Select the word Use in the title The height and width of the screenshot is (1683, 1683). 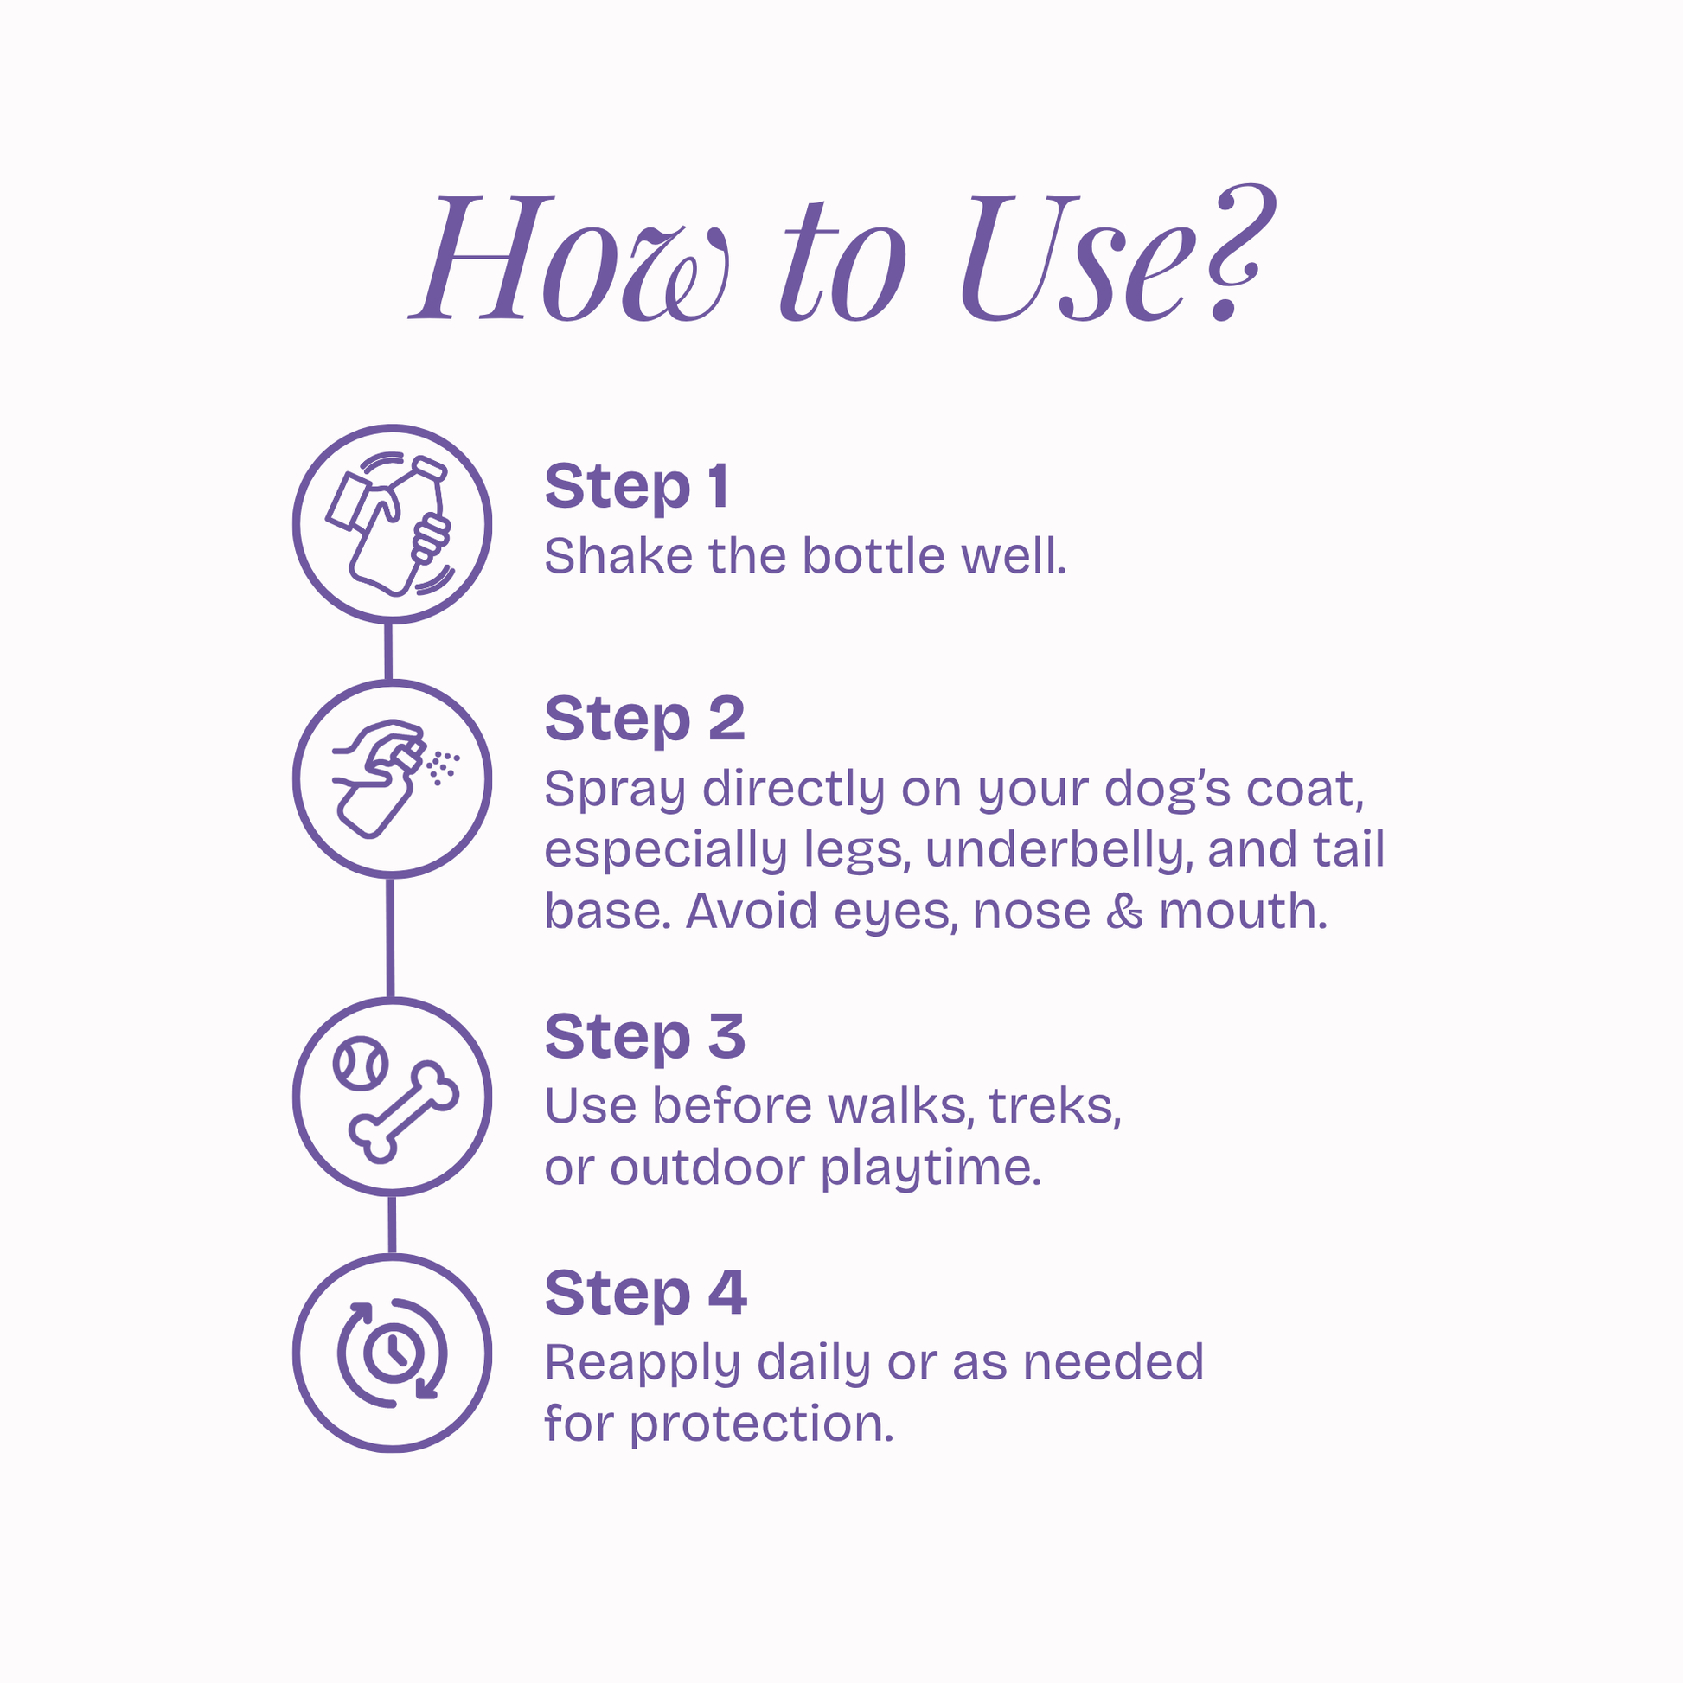click(1072, 258)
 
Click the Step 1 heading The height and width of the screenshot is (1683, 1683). click(637, 487)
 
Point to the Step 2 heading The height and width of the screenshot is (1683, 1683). click(645, 720)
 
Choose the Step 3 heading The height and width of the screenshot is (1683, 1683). click(645, 1038)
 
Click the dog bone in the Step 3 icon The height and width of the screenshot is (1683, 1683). click(403, 1111)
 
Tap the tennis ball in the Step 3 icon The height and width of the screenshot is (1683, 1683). click(361, 1063)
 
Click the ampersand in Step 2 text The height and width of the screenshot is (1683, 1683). click(1124, 912)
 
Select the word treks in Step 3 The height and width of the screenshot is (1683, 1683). click(1055, 1106)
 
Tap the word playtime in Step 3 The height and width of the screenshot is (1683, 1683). click(931, 1170)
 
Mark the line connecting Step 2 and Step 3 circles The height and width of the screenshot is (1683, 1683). click(390, 937)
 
